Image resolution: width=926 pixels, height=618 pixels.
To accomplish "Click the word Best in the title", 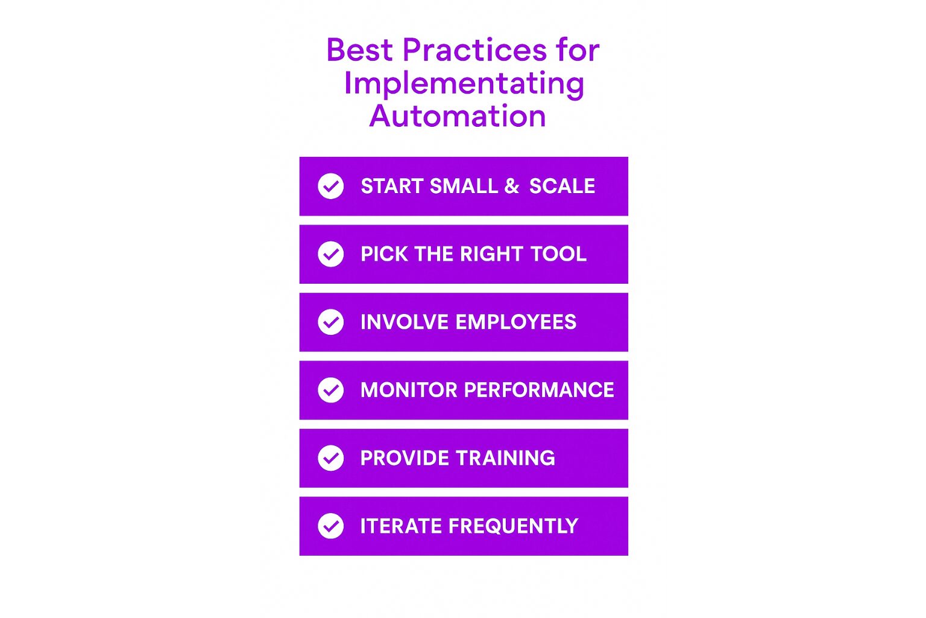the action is [359, 49].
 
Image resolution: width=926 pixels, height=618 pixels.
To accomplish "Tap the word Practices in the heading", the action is [474, 49].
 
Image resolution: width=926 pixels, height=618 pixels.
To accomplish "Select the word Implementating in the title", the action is [464, 84].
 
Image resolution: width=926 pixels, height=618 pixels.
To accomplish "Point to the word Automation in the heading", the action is [458, 116].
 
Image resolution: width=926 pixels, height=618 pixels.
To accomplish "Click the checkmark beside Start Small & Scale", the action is [331, 186].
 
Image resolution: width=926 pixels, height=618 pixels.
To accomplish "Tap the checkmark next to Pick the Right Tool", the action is [331, 254].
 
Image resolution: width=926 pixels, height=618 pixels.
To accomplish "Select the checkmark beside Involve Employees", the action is [331, 322].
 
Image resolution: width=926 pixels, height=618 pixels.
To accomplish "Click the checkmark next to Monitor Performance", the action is [331, 390].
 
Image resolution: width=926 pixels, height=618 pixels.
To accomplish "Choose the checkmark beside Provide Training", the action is [331, 458].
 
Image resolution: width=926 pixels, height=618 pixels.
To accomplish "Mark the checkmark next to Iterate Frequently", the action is [331, 526].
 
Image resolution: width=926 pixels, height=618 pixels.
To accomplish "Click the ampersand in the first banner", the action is [511, 186].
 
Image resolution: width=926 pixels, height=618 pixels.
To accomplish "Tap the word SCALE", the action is [562, 186].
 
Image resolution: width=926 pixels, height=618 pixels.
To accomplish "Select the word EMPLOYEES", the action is [516, 322].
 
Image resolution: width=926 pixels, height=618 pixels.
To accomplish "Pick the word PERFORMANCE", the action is [539, 390].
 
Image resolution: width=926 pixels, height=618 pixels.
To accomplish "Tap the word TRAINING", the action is [506, 458].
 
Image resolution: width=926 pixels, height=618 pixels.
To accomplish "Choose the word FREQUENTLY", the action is [514, 526].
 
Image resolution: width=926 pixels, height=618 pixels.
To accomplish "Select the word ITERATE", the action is [402, 526].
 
